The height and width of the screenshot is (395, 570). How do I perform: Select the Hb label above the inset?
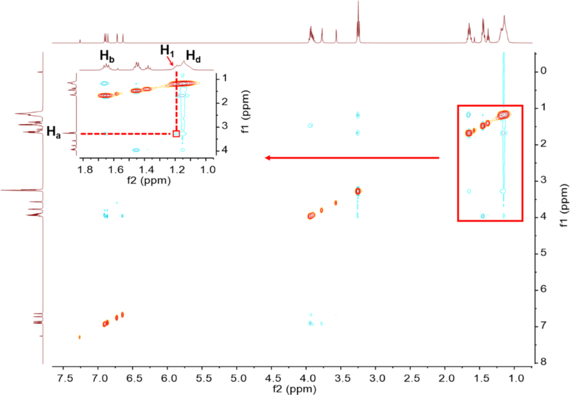pyautogui.click(x=107, y=55)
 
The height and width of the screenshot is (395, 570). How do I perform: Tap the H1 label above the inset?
pyautogui.click(x=167, y=50)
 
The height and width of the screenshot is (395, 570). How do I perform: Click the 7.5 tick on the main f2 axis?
pyautogui.click(x=63, y=376)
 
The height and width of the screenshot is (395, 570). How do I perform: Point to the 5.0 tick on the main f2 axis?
pyautogui.click(x=237, y=376)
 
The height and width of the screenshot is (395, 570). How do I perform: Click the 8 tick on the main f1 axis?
pyautogui.click(x=543, y=362)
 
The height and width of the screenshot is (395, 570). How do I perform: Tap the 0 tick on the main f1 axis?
pyautogui.click(x=543, y=71)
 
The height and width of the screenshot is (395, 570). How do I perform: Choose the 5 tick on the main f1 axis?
pyautogui.click(x=543, y=253)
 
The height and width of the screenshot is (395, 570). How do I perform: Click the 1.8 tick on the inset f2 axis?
pyautogui.click(x=85, y=170)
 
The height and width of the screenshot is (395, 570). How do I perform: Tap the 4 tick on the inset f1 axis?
pyautogui.click(x=223, y=150)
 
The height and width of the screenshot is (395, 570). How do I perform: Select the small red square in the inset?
pyautogui.click(x=176, y=134)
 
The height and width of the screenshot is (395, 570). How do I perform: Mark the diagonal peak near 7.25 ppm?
pyautogui.click(x=80, y=337)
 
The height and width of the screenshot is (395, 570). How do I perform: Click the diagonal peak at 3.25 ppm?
pyautogui.click(x=358, y=191)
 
